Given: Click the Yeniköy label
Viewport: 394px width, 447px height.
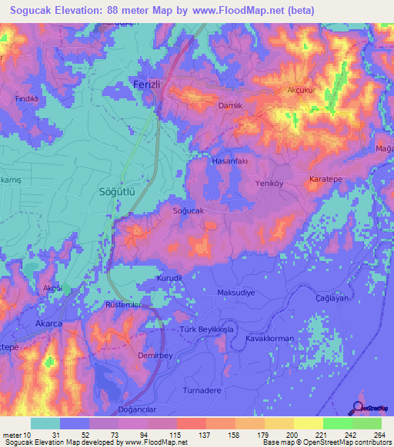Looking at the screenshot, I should click(271, 184).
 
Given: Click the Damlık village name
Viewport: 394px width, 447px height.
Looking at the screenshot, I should click(231, 105).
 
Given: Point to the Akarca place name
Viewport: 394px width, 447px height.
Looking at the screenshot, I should click(48, 325).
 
